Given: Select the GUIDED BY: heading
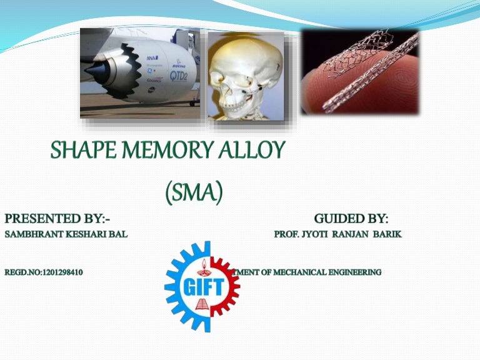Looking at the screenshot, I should (x=351, y=219).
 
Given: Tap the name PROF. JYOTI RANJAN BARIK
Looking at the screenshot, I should (x=337, y=234).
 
